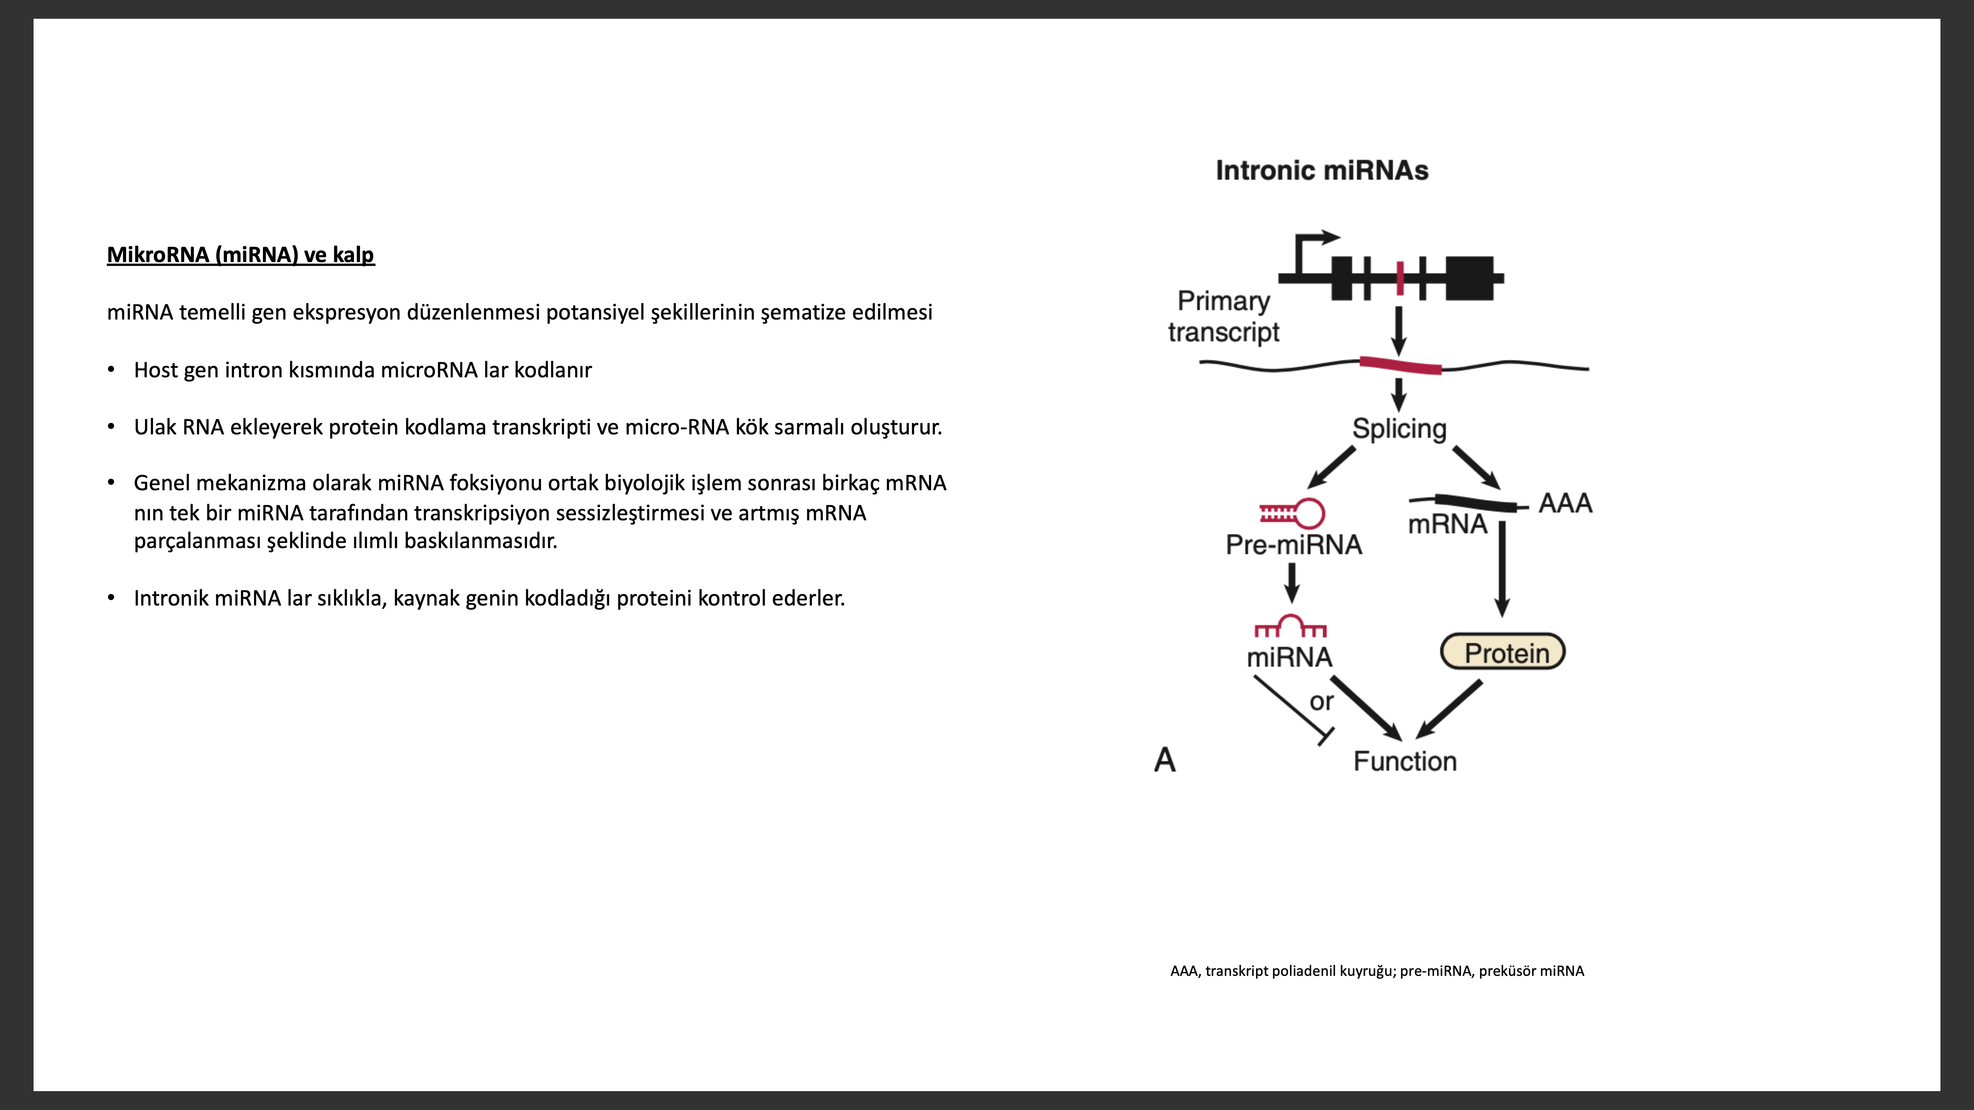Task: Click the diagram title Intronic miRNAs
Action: pyautogui.click(x=1322, y=170)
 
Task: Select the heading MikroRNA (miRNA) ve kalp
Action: pyautogui.click(x=241, y=254)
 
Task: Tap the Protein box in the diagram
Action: pyautogui.click(x=1503, y=652)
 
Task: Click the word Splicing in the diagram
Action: pyautogui.click(x=1399, y=429)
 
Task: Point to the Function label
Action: pyautogui.click(x=1405, y=762)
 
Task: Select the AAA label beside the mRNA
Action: pyautogui.click(x=1566, y=503)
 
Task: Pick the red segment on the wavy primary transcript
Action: pyautogui.click(x=1401, y=365)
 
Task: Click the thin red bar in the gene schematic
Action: pyautogui.click(x=1400, y=278)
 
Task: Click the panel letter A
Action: pyautogui.click(x=1165, y=760)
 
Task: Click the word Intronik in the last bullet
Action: pyautogui.click(x=171, y=597)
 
